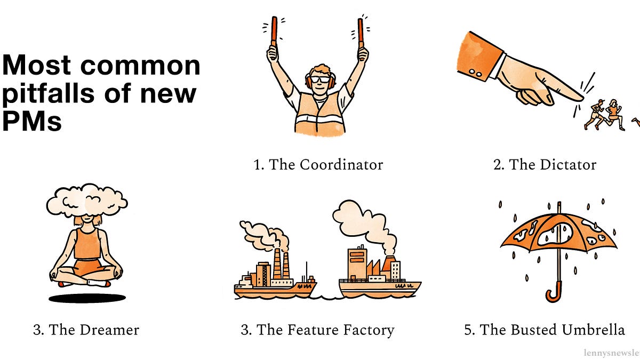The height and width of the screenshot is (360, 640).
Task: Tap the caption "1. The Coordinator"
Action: point(318,164)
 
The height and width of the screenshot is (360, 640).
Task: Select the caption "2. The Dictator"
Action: point(545,164)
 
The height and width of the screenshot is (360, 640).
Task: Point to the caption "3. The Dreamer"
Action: point(86,330)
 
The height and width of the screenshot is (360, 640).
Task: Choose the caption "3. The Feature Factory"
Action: point(317,330)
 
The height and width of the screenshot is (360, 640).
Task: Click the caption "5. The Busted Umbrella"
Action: point(544,330)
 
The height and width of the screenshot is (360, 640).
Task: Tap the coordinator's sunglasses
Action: point(321,79)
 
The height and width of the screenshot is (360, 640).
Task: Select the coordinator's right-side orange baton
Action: point(361,30)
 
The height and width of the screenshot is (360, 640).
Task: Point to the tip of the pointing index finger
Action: point(581,98)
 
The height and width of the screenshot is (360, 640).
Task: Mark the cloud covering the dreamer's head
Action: point(87,202)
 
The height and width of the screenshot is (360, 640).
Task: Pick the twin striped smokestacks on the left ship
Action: point(281,265)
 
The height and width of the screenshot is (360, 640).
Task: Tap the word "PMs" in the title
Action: point(32,122)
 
